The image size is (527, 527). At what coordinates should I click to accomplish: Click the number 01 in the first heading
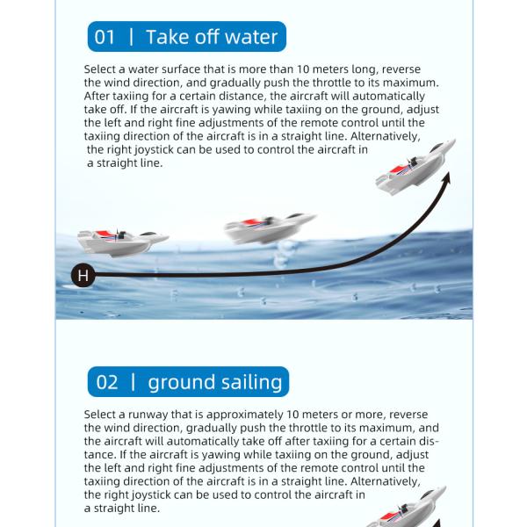click(x=105, y=37)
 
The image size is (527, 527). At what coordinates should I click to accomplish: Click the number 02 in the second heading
click(x=106, y=382)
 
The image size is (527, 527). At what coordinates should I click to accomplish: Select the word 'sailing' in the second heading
click(x=249, y=383)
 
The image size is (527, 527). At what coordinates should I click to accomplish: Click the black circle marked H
click(x=83, y=276)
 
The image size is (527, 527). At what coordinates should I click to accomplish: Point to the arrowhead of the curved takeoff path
click(x=446, y=178)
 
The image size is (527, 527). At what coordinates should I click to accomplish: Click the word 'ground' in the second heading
click(x=179, y=383)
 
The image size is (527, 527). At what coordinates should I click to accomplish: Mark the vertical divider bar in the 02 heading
click(x=134, y=382)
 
